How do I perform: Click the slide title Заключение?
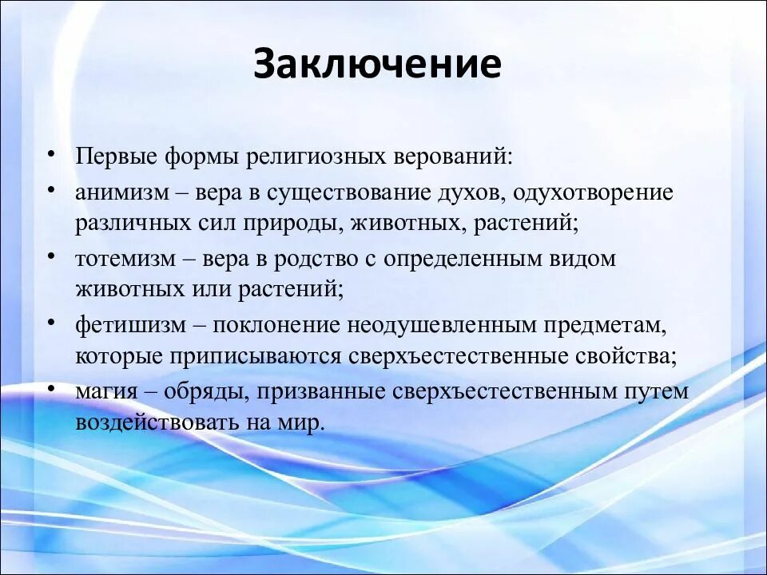coord(377,65)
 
